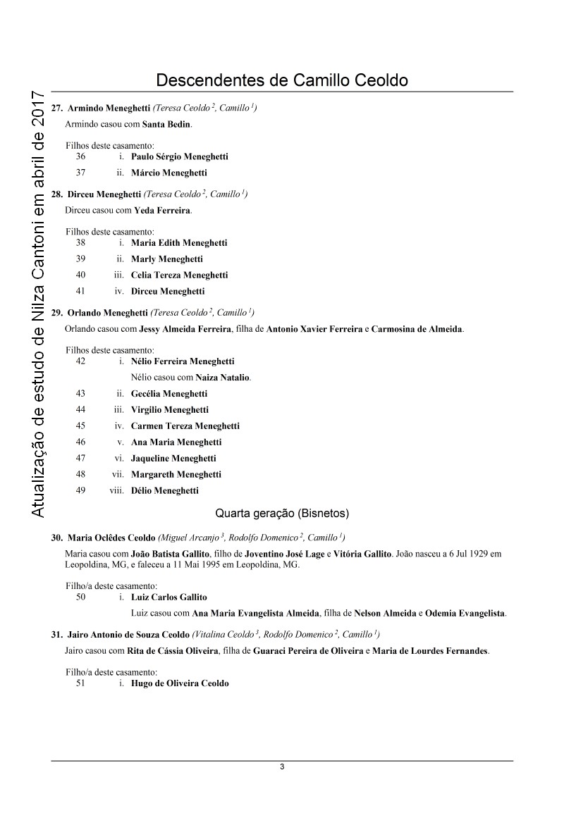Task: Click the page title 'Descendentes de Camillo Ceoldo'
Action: click(x=282, y=80)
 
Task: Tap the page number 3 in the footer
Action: click(x=282, y=767)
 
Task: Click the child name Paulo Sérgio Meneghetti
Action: click(x=179, y=156)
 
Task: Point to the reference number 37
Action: click(x=80, y=173)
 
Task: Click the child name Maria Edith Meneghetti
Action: click(x=179, y=242)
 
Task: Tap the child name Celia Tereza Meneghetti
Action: click(x=179, y=275)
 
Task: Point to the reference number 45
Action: click(x=80, y=426)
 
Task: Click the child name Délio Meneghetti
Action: click(x=165, y=490)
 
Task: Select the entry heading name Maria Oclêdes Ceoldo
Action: click(x=111, y=538)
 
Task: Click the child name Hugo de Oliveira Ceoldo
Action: click(x=180, y=683)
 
